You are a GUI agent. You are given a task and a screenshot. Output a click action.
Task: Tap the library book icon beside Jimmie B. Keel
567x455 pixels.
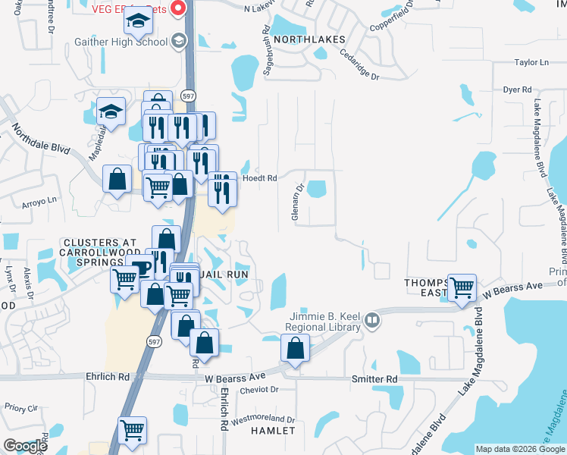coord(371,320)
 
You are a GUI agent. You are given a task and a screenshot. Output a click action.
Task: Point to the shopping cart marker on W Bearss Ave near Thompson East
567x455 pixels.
coord(462,288)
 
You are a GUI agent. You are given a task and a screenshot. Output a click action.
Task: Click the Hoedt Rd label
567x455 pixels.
coord(260,178)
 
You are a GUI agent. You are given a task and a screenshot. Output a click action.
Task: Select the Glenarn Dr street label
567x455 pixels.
coord(298,201)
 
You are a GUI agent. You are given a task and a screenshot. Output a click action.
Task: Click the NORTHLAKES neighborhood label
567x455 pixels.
coord(309,39)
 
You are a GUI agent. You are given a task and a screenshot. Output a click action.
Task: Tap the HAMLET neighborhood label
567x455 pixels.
coord(273,430)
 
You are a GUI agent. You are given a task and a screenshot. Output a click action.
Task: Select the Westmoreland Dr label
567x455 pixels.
coord(262,419)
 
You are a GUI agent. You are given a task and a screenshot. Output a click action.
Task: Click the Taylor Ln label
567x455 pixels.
coord(531,63)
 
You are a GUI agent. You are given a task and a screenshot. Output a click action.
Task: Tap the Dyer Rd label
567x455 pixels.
coord(517,89)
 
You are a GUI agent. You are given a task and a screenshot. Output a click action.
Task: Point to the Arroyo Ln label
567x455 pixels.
coord(41,201)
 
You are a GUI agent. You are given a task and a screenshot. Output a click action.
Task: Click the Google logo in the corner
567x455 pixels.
coord(25,446)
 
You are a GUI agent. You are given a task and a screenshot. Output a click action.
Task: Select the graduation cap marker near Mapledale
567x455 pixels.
coord(111,112)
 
